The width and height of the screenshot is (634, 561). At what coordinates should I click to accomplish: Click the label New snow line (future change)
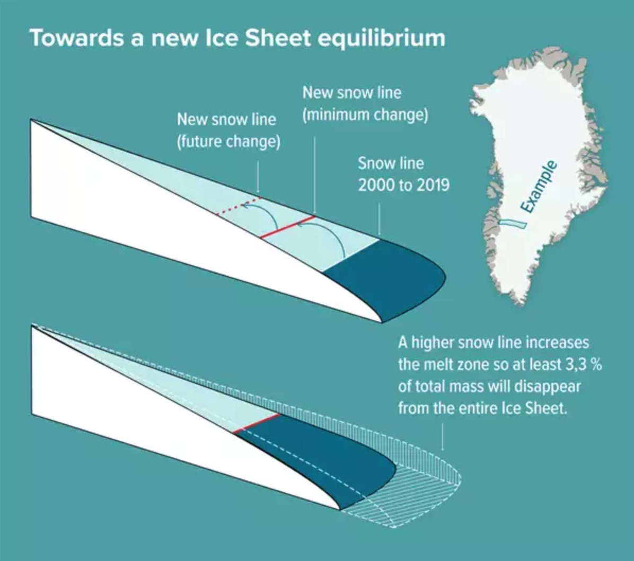click(x=228, y=130)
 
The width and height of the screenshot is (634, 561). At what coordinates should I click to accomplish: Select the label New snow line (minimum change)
click(x=365, y=104)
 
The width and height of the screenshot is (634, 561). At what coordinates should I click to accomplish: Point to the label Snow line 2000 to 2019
click(x=403, y=174)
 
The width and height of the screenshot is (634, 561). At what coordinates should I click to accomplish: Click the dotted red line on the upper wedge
click(x=239, y=206)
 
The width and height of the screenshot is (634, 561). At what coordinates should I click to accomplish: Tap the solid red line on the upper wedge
click(x=288, y=226)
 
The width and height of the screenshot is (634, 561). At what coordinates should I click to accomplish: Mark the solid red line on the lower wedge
click(x=257, y=423)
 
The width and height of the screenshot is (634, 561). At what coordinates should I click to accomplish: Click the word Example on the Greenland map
click(x=538, y=187)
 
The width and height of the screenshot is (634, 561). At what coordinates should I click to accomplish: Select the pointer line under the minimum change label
click(x=314, y=175)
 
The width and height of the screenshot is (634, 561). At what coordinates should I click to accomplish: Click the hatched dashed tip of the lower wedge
click(x=419, y=493)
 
